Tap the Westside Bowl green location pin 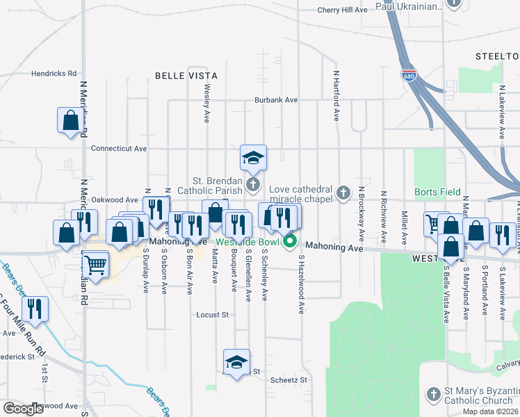click(x=291, y=243)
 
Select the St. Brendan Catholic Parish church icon click(x=252, y=185)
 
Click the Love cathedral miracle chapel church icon click(x=342, y=193)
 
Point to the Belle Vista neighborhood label click(x=186, y=76)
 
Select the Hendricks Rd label click(x=53, y=73)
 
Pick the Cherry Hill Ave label click(x=342, y=10)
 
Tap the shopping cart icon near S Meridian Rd click(x=95, y=263)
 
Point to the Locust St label click(x=213, y=315)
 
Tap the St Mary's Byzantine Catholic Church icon click(x=432, y=393)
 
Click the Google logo click(x=23, y=409)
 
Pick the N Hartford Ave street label click(x=336, y=96)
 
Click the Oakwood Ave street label click(x=115, y=199)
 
